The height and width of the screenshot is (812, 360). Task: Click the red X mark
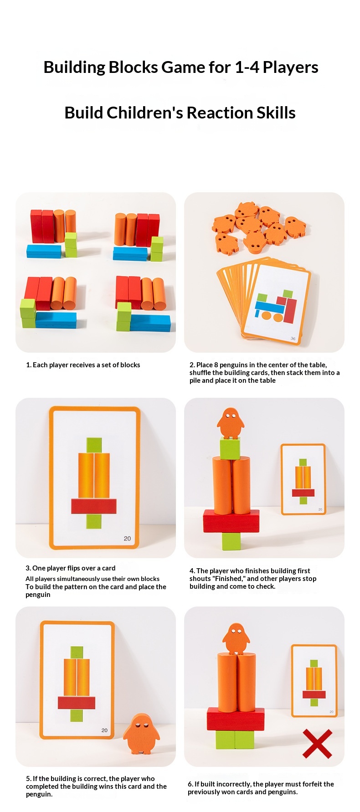pos(317,744)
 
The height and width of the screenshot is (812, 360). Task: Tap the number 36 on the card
pos(293,339)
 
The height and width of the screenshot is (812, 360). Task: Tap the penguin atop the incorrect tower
pos(236,639)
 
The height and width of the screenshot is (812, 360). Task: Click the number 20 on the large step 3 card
pos(127,539)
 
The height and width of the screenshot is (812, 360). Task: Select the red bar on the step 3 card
pos(94,506)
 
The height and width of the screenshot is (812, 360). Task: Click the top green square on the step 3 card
pos(94,445)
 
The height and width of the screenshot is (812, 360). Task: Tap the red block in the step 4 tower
pos(231,521)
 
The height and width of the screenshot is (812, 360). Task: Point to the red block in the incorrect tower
pos(236,719)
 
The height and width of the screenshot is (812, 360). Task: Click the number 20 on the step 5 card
pos(104,730)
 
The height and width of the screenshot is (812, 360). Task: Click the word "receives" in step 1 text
pos(82,365)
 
